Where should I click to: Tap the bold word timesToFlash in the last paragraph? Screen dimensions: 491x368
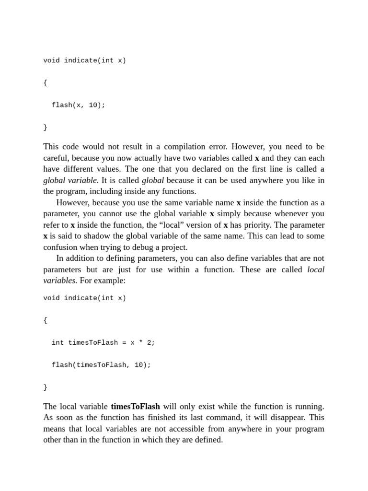click(x=135, y=407)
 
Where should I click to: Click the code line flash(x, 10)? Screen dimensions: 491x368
click(x=78, y=105)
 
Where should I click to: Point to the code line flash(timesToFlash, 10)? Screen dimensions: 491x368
click(x=101, y=365)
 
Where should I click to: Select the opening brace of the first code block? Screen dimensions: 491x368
click(x=45, y=82)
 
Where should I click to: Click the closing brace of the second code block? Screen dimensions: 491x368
click(x=45, y=387)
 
